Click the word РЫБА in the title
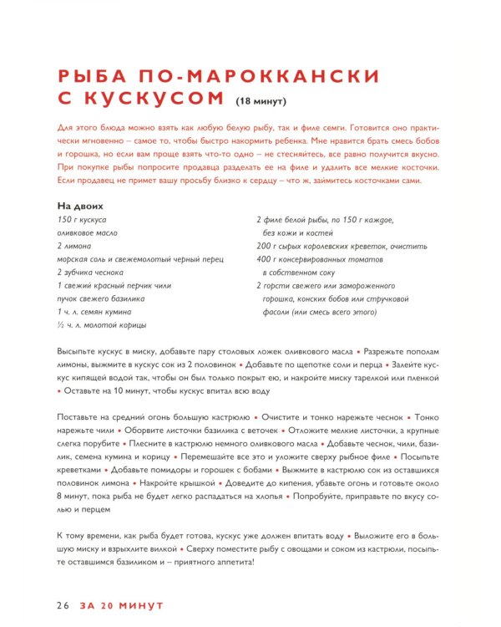[90, 76]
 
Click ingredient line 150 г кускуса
[82, 220]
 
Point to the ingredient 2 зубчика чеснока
[90, 273]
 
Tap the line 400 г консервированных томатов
[329, 260]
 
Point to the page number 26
[64, 604]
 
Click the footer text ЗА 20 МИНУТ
[121, 604]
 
